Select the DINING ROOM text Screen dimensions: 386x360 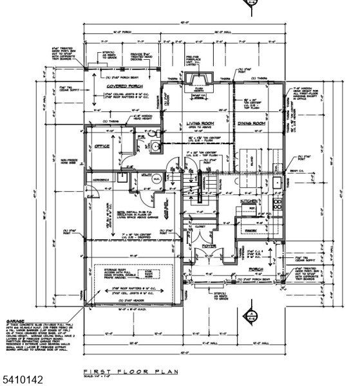pyautogui.click(x=250, y=123)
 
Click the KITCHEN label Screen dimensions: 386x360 pyautogui.click(x=250, y=201)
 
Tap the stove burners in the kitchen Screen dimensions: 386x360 pyautogui.click(x=278, y=205)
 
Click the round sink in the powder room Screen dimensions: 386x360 pyautogui.click(x=156, y=146)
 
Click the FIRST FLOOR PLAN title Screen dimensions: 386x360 pyautogui.click(x=129, y=372)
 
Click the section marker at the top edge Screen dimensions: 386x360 pyautogui.click(x=251, y=5)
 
